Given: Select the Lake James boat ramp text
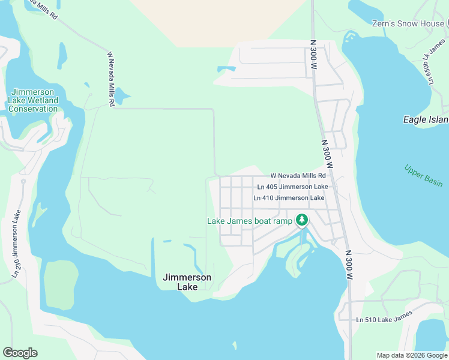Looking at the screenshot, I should (x=250, y=221).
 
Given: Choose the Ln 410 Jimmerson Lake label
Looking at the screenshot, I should (x=289, y=197).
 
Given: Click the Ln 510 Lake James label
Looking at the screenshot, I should (x=384, y=320).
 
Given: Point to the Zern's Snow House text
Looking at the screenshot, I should (x=408, y=23).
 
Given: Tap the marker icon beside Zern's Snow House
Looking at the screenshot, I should (x=447, y=23).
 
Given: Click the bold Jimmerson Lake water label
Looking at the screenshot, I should (x=187, y=282).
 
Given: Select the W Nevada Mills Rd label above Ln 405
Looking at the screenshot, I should (x=298, y=176).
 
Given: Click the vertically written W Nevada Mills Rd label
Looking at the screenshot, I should (x=110, y=79).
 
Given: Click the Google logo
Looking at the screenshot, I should (x=20, y=353).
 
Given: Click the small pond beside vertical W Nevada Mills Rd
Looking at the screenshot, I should (x=122, y=95).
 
